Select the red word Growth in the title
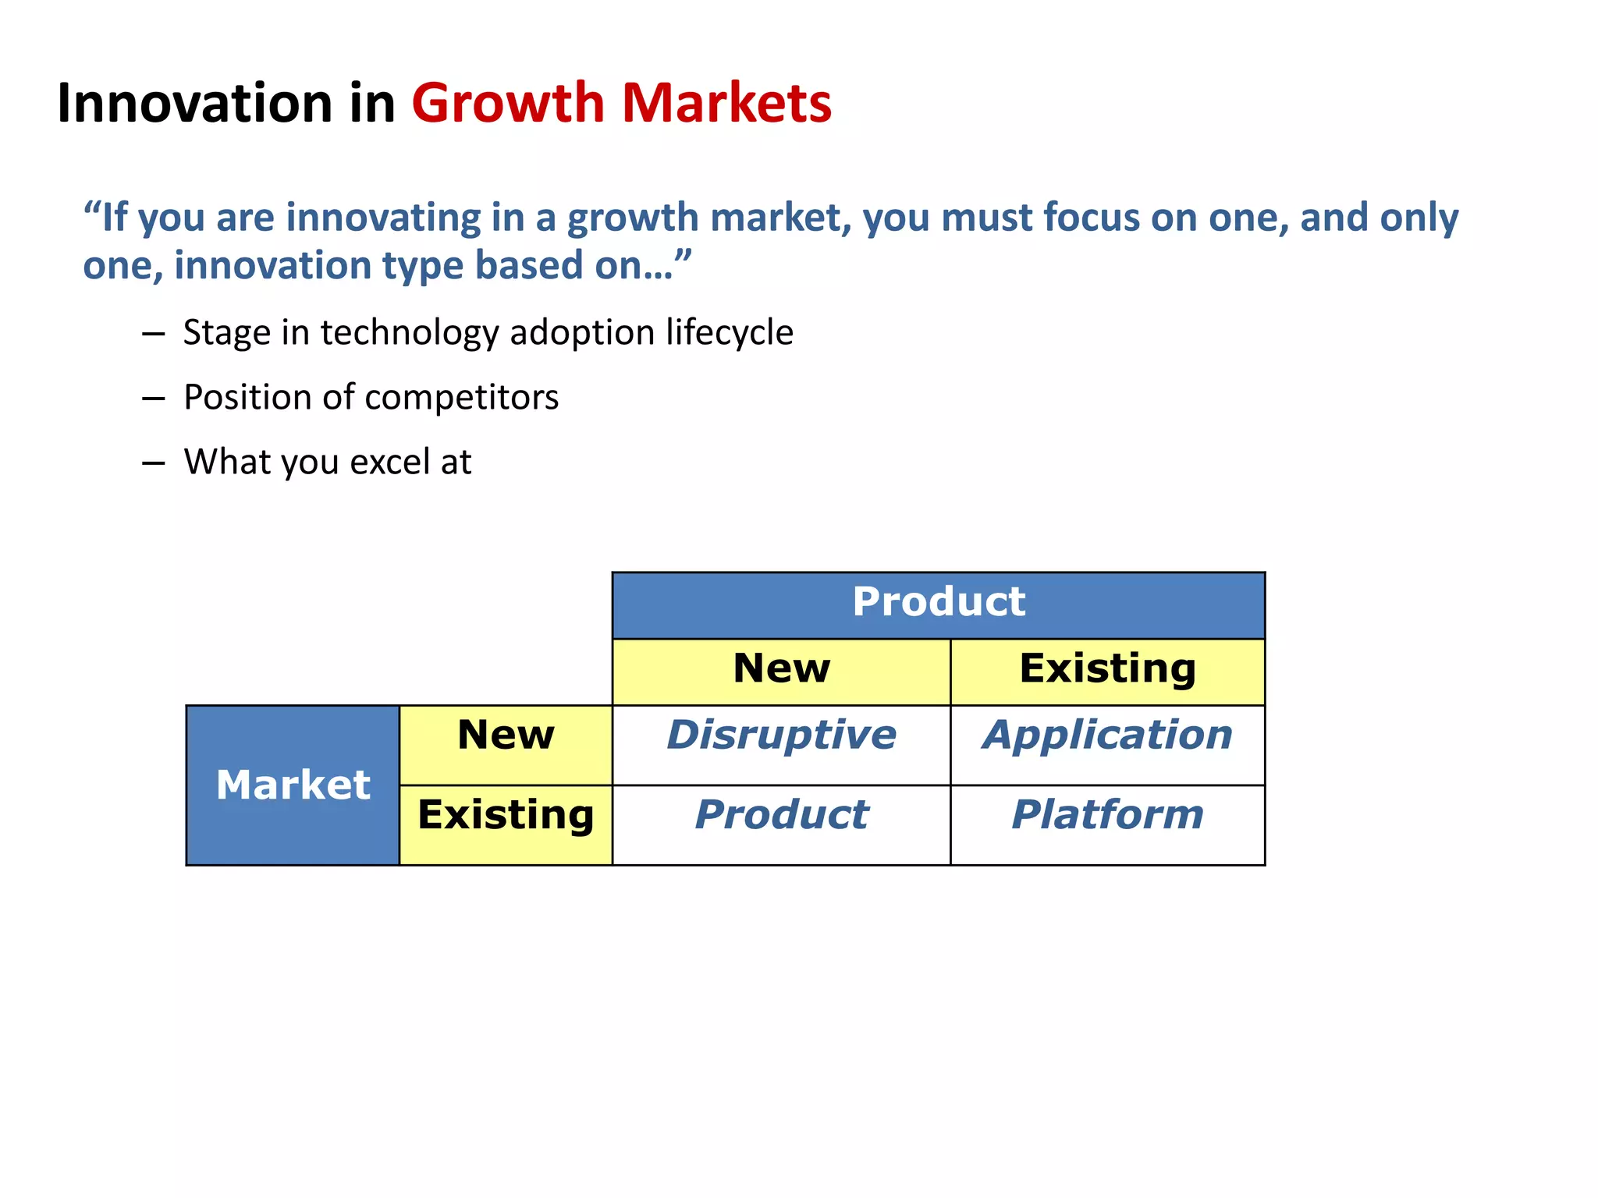pyautogui.click(x=508, y=103)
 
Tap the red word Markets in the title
pyautogui.click(x=726, y=103)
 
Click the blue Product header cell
pyautogui.click(x=938, y=604)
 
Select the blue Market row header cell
pyautogui.click(x=293, y=785)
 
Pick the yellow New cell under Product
pyautogui.click(x=781, y=671)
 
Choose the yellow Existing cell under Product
pyautogui.click(x=1107, y=671)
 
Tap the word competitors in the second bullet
pyautogui.click(x=461, y=398)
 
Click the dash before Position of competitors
pyautogui.click(x=154, y=399)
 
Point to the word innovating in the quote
pyautogui.click(x=383, y=218)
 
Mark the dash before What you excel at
pyautogui.click(x=154, y=463)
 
